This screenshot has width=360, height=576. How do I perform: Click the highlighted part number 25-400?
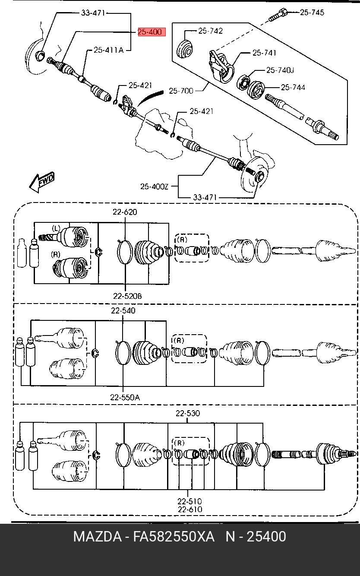pyautogui.click(x=152, y=32)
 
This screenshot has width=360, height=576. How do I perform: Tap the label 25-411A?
pyautogui.click(x=108, y=50)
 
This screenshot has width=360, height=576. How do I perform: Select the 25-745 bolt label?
pyautogui.click(x=312, y=13)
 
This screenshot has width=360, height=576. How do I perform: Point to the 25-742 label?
pyautogui.click(x=210, y=31)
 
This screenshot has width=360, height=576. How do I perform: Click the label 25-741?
pyautogui.click(x=264, y=53)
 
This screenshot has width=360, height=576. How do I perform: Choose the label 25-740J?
pyautogui.click(x=280, y=70)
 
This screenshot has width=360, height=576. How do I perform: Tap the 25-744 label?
pyautogui.click(x=293, y=87)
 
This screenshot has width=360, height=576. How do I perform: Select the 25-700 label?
pyautogui.click(x=181, y=91)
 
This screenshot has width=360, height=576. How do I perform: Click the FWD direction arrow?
pyautogui.click(x=41, y=182)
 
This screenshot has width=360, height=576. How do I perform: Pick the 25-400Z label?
pyautogui.click(x=154, y=187)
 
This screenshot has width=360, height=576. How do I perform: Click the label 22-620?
pyautogui.click(x=125, y=212)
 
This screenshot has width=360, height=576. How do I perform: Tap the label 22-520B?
pyautogui.click(x=127, y=296)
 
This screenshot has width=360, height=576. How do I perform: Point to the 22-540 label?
pyautogui.click(x=123, y=310)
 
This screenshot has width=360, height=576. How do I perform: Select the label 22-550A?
pyautogui.click(x=125, y=398)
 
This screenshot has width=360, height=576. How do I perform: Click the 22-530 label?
pyautogui.click(x=188, y=413)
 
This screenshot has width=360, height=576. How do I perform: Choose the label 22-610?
pyautogui.click(x=190, y=509)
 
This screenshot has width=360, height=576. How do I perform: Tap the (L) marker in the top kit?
pyautogui.click(x=56, y=228)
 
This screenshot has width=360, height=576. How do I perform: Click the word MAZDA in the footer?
pyautogui.click(x=98, y=537)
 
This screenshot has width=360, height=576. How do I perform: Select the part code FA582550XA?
pyautogui.click(x=174, y=537)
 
